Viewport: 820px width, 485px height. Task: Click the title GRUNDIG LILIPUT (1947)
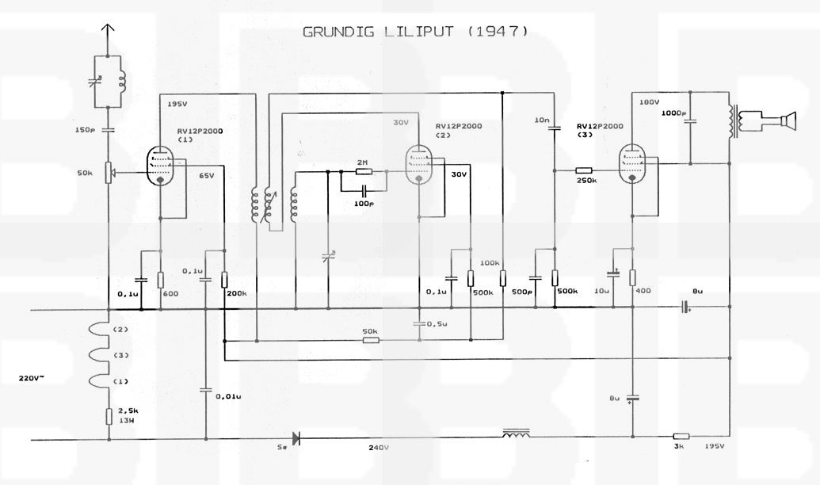tap(415, 32)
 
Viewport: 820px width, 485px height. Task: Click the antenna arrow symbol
tap(109, 31)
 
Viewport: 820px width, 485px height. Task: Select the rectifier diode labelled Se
tap(296, 437)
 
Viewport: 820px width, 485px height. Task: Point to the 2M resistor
tap(363, 171)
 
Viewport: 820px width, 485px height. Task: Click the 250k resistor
tap(584, 170)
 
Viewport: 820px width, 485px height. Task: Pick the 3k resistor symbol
tap(681, 437)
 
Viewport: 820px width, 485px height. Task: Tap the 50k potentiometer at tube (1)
tap(109, 171)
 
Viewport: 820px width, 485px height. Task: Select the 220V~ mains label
tap(32, 379)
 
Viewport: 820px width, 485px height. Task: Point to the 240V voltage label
tap(378, 449)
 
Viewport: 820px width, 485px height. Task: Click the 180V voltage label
tap(649, 102)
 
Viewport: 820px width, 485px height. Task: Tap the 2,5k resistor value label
tap(128, 412)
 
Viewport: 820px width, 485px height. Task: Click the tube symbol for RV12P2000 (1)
tap(162, 164)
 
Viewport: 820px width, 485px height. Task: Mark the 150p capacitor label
tap(86, 130)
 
